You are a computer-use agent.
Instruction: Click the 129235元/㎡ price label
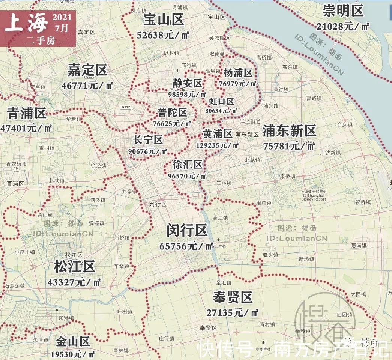[x=217, y=145]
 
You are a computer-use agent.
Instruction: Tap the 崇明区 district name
[x=344, y=11]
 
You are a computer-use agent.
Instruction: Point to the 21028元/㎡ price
[x=343, y=26]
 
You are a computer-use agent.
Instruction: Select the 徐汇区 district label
[x=188, y=164]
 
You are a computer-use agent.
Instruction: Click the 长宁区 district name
[x=147, y=140]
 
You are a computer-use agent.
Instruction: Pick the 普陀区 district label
[x=172, y=112]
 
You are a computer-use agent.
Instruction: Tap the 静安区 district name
[x=188, y=83]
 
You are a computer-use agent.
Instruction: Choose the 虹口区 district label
[x=221, y=101]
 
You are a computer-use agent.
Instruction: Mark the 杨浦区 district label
[x=238, y=72]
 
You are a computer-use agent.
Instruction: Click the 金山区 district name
[x=73, y=342]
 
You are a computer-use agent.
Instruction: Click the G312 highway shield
[x=126, y=107]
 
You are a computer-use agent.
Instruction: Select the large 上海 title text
[x=26, y=23]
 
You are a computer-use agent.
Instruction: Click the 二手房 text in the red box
[x=40, y=41]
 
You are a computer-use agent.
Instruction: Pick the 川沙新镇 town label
[x=330, y=153]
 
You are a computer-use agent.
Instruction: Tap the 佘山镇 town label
[x=45, y=215]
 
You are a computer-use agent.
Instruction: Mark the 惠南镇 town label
[x=359, y=245]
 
